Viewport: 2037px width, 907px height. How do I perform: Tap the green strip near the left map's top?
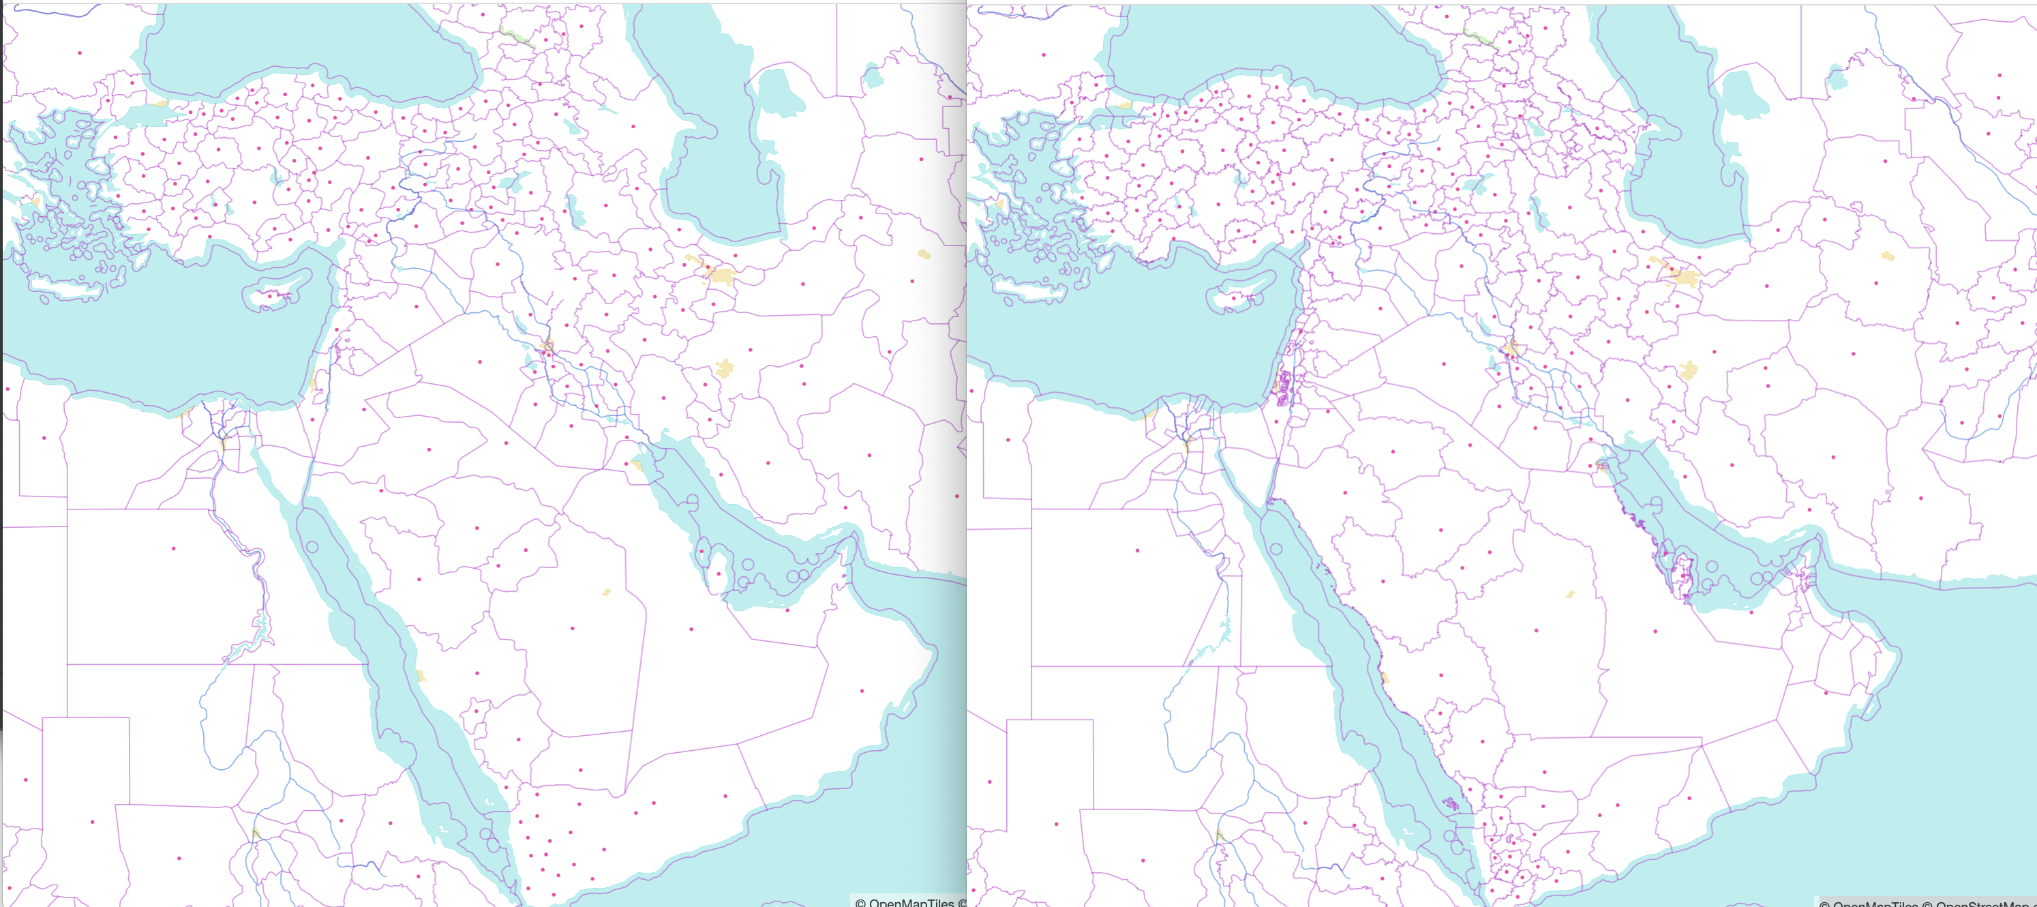pyautogui.click(x=515, y=36)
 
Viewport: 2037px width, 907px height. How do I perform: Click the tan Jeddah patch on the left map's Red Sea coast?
pyautogui.click(x=421, y=676)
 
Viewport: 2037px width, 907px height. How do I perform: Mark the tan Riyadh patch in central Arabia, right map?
pyautogui.click(x=1569, y=594)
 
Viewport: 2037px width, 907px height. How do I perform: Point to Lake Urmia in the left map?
pyautogui.click(x=575, y=209)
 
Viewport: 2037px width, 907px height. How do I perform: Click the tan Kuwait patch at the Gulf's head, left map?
pyautogui.click(x=637, y=465)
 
